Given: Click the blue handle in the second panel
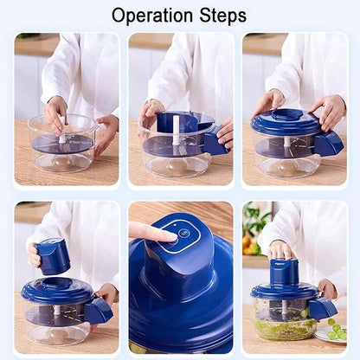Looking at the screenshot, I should coord(214,144).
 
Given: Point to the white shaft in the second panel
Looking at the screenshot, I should coord(176,127).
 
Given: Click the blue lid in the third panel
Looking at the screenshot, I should coord(286,121).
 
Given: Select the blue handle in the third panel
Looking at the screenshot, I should coord(329,143).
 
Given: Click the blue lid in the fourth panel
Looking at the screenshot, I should coord(57,289).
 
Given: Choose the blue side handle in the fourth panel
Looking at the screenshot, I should coord(98,310).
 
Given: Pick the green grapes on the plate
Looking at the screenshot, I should coord(335,330).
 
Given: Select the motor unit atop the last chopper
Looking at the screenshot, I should coord(284,272).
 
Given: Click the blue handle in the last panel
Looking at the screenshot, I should coord(323,307).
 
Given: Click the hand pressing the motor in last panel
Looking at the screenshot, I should coord(281,251).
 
